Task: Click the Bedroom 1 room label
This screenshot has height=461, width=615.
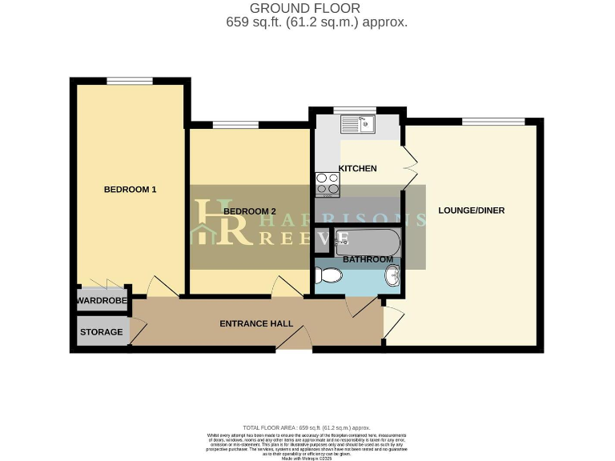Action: tap(130, 190)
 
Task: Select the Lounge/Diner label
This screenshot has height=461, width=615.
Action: tap(471, 210)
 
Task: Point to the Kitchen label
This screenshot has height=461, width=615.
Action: tap(357, 168)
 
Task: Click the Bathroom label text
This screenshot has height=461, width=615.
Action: tap(368, 259)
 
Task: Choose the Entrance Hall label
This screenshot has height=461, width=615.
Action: tap(256, 323)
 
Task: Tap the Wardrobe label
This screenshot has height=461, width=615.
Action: tap(102, 301)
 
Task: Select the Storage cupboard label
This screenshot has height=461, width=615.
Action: tap(102, 331)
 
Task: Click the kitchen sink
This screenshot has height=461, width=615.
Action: tap(357, 124)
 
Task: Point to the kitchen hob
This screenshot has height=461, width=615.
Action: tap(327, 184)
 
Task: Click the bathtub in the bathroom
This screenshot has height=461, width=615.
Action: tap(367, 239)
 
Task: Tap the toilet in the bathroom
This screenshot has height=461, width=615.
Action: tap(329, 276)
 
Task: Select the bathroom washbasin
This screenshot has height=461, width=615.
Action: tap(392, 276)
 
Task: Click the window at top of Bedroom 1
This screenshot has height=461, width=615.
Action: tap(129, 80)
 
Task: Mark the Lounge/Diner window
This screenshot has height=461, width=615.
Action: tap(492, 122)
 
